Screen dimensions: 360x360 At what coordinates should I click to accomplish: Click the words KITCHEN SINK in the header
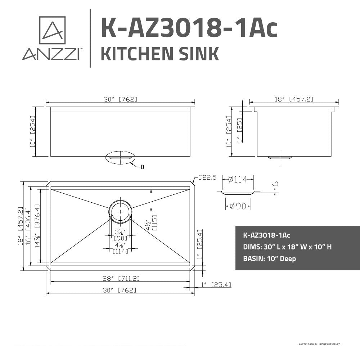159,54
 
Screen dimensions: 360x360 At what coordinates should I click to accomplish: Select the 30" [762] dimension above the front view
121,99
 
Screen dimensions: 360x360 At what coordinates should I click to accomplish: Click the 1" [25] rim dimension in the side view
239,130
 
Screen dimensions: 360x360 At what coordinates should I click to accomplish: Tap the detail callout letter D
142,167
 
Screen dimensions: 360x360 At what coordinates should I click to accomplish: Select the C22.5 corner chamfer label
207,177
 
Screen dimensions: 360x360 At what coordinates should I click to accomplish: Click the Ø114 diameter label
238,179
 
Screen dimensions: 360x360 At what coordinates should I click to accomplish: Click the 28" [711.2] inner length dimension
121,278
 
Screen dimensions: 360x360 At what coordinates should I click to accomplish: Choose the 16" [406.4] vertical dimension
27,227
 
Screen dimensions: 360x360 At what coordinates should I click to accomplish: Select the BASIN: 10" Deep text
270,258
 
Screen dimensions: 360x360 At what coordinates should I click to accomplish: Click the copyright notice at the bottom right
320,344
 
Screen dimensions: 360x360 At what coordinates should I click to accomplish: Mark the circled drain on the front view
120,158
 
